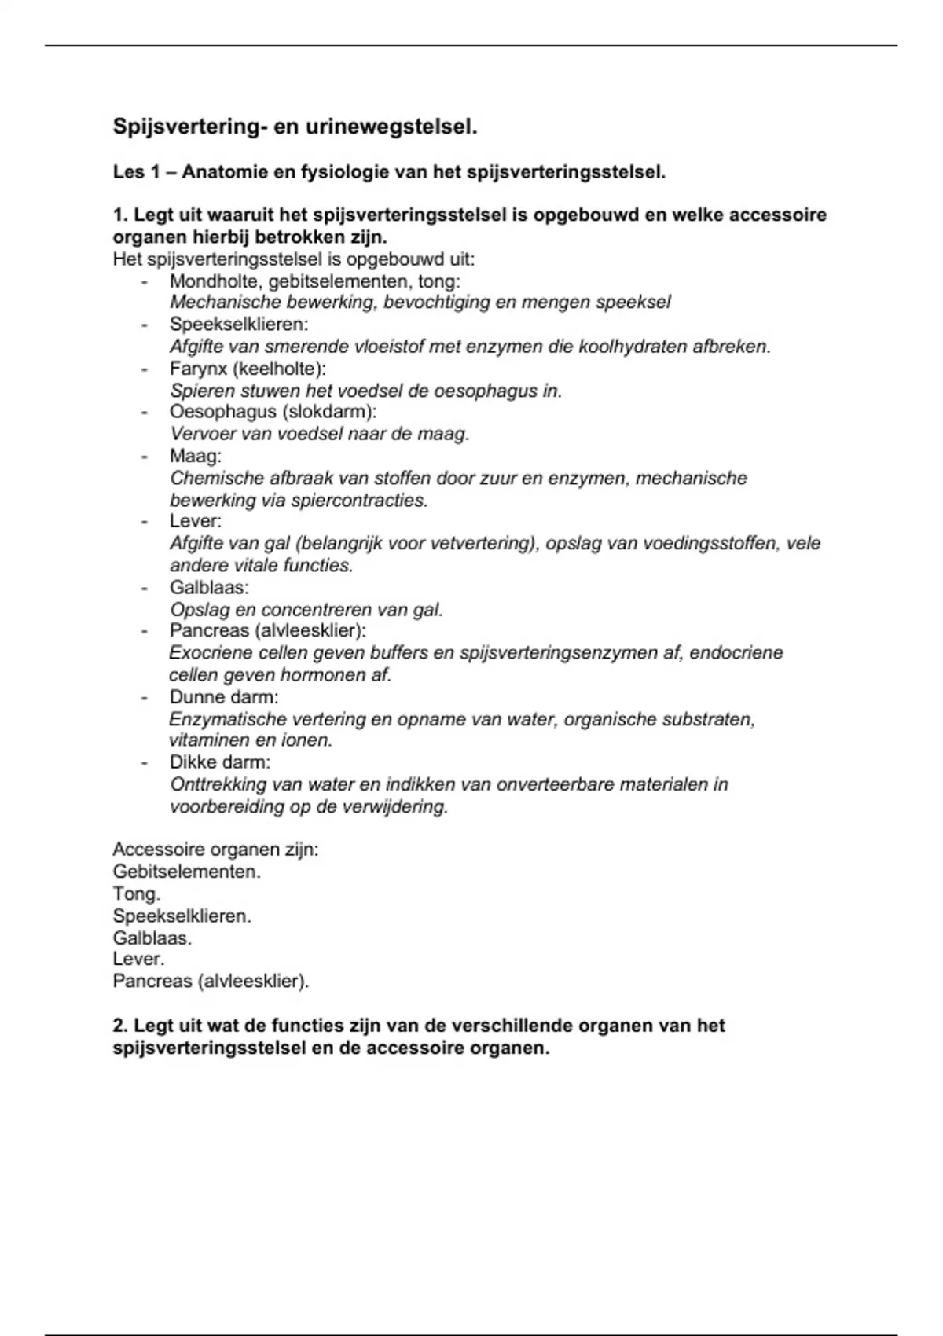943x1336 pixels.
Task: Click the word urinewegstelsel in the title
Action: (x=391, y=127)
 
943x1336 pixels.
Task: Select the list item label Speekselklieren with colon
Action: (x=239, y=325)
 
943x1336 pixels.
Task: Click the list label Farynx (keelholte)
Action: (x=248, y=369)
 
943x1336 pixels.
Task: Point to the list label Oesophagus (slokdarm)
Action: (x=273, y=412)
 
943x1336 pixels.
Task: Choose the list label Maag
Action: (x=195, y=456)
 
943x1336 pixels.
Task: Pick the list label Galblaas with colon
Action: (x=209, y=588)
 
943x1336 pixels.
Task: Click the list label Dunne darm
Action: (x=224, y=697)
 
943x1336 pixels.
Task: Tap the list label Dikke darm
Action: (x=220, y=762)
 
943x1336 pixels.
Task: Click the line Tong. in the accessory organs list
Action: (x=137, y=894)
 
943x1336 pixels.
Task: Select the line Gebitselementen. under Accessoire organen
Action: (x=186, y=872)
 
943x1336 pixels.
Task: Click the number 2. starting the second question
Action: (x=120, y=1026)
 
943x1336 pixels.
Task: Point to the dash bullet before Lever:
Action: (x=145, y=522)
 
